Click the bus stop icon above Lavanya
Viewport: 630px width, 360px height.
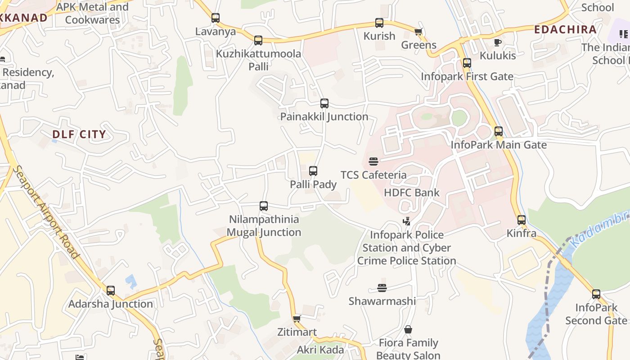216,18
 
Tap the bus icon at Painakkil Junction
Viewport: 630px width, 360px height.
324,103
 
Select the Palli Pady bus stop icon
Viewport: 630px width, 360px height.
313,171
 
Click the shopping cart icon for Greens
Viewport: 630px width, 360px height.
418,31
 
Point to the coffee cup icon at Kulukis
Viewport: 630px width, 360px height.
497,42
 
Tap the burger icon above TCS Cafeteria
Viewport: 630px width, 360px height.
373,161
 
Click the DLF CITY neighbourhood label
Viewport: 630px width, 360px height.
79,134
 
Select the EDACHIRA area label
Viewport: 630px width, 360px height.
565,30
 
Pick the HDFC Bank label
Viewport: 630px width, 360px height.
412,193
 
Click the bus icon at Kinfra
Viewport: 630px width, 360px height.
522,220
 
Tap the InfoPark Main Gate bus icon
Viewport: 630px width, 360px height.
499,131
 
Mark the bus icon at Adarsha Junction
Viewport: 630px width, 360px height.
111,291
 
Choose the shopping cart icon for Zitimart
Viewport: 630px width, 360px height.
297,319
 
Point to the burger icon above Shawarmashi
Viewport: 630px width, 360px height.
382,288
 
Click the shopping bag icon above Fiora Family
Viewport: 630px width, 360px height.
408,330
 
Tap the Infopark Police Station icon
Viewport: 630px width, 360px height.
407,221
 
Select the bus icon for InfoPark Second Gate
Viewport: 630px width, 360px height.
596,294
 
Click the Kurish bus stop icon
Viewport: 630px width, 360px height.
379,22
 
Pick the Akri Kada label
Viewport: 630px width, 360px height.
320,350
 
